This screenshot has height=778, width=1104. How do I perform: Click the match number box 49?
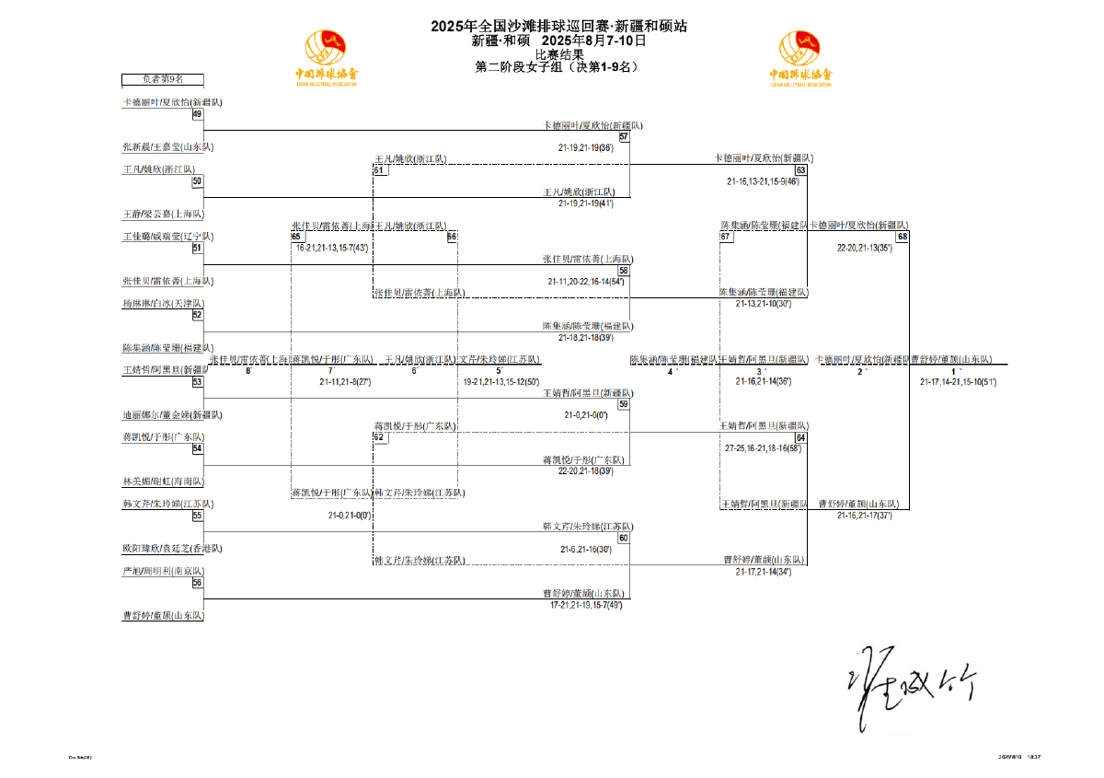point(197,114)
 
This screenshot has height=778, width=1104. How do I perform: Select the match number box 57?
point(624,136)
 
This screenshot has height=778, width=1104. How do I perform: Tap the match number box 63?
point(801,170)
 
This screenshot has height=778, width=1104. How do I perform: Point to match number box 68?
point(903,237)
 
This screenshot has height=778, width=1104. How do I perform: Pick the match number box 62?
point(378,437)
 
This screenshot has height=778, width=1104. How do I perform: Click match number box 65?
point(296,237)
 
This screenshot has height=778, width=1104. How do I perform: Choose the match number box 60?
point(624,538)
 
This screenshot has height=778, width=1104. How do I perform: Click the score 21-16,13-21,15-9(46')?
point(763,181)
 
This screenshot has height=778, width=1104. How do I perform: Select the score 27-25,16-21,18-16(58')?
point(763,447)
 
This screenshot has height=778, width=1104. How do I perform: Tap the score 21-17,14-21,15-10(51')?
point(958,381)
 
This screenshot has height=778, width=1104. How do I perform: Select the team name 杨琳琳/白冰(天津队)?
point(163,303)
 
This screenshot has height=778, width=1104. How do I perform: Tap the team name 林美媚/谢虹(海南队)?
point(163,482)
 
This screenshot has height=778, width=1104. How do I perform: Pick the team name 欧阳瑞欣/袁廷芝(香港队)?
point(172,549)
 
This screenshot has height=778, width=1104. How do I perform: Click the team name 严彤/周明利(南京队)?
point(163,571)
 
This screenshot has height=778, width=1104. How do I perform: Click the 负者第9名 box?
point(163,79)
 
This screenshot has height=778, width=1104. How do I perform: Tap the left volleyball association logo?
point(326,58)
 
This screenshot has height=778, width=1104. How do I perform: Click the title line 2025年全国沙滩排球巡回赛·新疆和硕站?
point(558,27)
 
